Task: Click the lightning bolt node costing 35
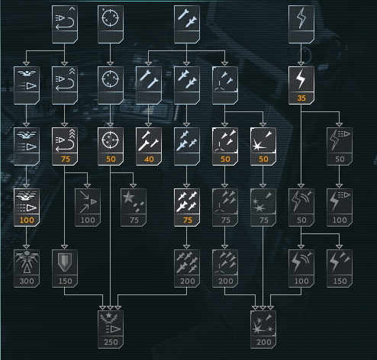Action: pos(301,85)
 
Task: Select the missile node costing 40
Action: pos(149,146)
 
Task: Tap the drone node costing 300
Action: pos(27,268)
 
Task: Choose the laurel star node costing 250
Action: pos(111,329)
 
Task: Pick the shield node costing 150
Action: pos(65,268)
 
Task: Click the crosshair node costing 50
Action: pos(111,146)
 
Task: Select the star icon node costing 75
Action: pos(134,207)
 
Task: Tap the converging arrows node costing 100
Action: pos(88,207)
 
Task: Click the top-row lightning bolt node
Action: pos(301,24)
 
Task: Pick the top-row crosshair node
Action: pos(111,24)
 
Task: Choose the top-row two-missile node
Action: pos(187,24)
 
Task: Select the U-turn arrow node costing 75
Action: pos(65,146)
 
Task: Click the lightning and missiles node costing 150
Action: pos(340,268)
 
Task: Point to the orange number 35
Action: pos(301,98)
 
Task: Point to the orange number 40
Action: pos(149,159)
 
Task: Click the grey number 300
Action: pos(27,281)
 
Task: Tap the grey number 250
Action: pos(111,342)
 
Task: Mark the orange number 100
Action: pos(27,220)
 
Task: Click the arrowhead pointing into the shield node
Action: pos(65,247)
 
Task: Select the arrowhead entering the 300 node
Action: pos(27,247)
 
